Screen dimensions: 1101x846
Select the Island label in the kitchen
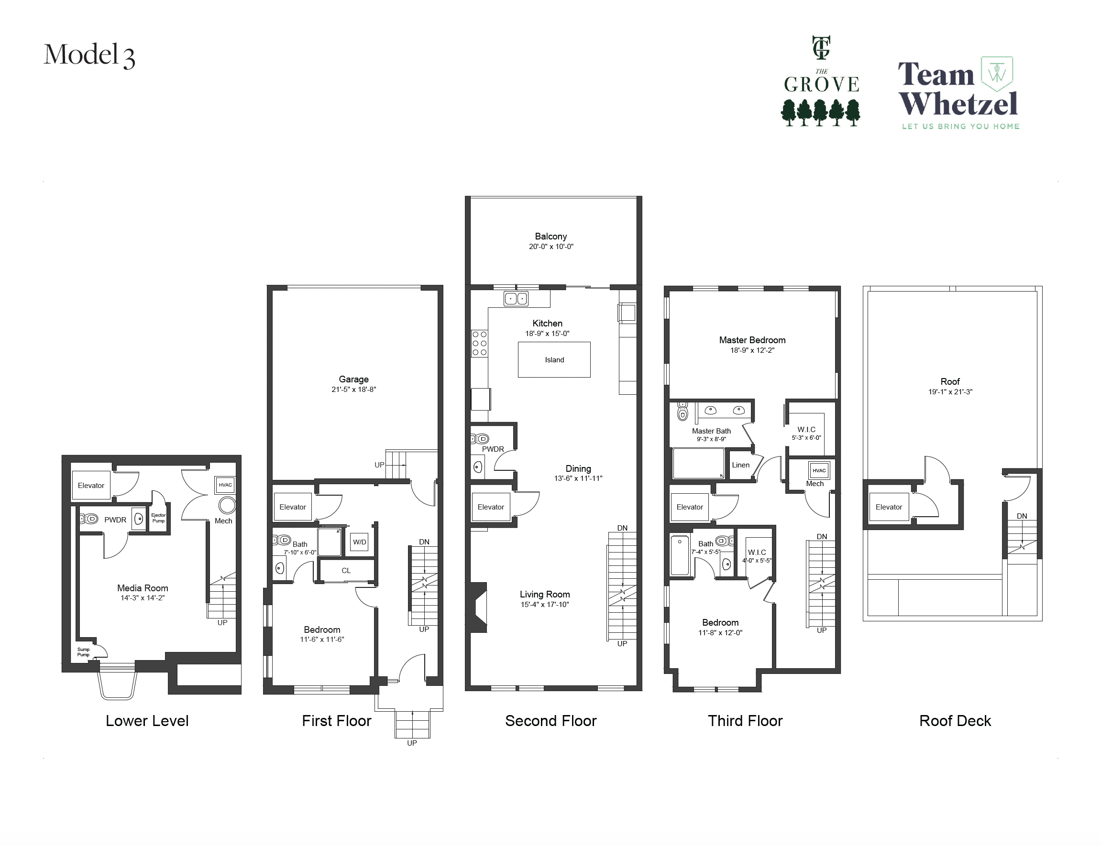pyautogui.click(x=554, y=360)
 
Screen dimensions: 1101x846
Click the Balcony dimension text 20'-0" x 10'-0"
pyautogui.click(x=551, y=247)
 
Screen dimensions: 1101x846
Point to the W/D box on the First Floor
pyautogui.click(x=359, y=542)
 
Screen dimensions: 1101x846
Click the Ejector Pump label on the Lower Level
pyautogui.click(x=158, y=518)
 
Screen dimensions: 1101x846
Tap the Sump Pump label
pyautogui.click(x=83, y=652)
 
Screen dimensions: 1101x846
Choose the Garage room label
pyautogui.click(x=354, y=379)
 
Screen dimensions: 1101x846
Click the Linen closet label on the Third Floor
pyautogui.click(x=740, y=465)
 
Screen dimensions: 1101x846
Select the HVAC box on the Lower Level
pyautogui.click(x=225, y=485)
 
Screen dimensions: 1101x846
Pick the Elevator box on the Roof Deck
pyautogui.click(x=889, y=507)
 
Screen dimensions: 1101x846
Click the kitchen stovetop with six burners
pyautogui.click(x=480, y=344)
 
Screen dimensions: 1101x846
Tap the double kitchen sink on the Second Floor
pyautogui.click(x=516, y=299)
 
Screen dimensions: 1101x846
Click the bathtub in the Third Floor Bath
pyautogui.click(x=680, y=555)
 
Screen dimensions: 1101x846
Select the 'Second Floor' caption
pyautogui.click(x=551, y=721)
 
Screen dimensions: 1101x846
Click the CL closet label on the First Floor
pyautogui.click(x=346, y=571)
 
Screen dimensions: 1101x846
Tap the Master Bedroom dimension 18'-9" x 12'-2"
pyautogui.click(x=752, y=350)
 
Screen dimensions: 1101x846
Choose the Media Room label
pyautogui.click(x=143, y=588)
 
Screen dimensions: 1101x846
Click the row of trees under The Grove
pyautogui.click(x=821, y=112)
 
